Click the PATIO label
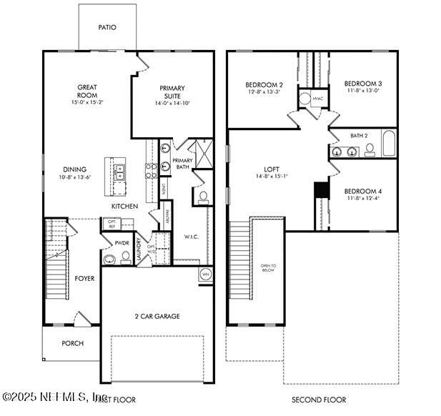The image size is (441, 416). pos(107,27)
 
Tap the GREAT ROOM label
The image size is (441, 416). pos(87,91)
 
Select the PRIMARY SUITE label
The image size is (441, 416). pos(172,91)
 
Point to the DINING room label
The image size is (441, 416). pos(74,170)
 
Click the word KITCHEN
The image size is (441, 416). pos(124,207)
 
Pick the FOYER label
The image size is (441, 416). pos(84,278)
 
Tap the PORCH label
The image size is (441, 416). pos(72,343)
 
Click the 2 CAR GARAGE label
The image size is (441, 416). pos(157,316)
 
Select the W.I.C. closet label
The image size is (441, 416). pos(191,237)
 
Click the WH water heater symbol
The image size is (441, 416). pos(205,274)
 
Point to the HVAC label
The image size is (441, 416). pos(317,99)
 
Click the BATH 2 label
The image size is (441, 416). pos(359,135)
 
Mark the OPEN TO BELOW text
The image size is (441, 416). pos(268,267)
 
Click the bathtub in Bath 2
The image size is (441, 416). pos(389,144)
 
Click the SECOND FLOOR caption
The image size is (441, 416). pos(319,400)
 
